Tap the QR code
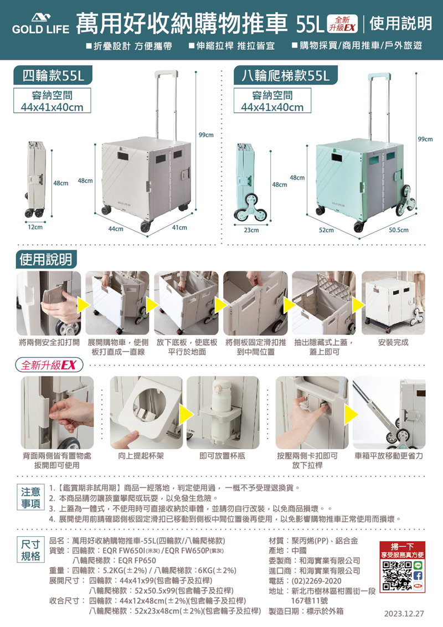click(x=396, y=576)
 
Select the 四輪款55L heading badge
click(x=53, y=75)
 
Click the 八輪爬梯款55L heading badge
click(x=286, y=75)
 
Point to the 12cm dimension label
click(x=35, y=227)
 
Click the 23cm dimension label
click(x=251, y=230)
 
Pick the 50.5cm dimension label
click(x=399, y=230)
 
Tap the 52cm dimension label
click(x=326, y=230)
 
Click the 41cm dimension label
click(x=179, y=228)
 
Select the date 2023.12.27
click(x=404, y=613)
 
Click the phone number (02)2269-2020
click(x=317, y=581)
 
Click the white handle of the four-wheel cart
click(x=166, y=74)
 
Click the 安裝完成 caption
click(x=393, y=342)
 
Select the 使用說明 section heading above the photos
click(x=46, y=259)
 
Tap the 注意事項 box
click(x=31, y=497)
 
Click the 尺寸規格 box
click(x=31, y=550)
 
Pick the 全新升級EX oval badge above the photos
click(x=49, y=365)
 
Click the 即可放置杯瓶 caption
click(x=222, y=456)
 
